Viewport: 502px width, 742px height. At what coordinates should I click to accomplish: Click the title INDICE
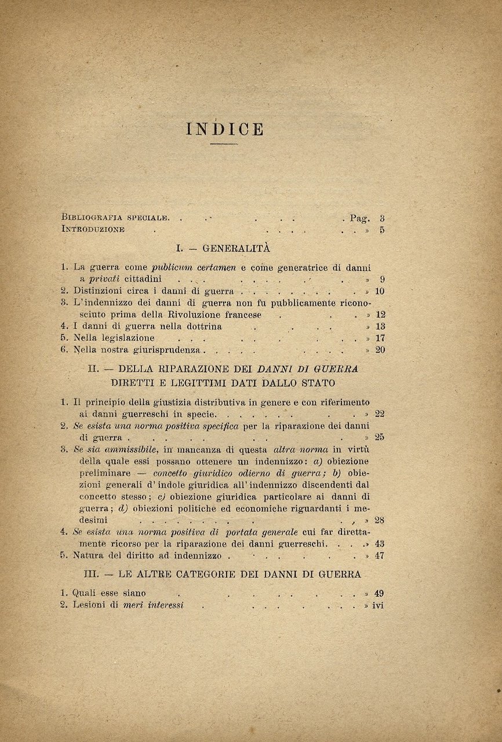pyautogui.click(x=225, y=129)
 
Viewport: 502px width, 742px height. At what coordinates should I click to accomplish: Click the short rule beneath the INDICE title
pyautogui.click(x=224, y=144)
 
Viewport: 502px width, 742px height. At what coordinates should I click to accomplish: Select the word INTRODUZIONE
pyautogui.click(x=93, y=230)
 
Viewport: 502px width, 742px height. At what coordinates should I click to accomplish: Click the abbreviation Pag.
pyautogui.click(x=359, y=219)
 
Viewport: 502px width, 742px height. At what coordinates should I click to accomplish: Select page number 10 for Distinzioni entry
pyautogui.click(x=380, y=291)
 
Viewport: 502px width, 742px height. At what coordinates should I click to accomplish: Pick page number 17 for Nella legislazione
pyautogui.click(x=380, y=338)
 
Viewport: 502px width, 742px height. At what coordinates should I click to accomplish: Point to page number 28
pyautogui.click(x=380, y=521)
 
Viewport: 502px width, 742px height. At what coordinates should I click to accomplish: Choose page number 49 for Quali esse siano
pyautogui.click(x=380, y=593)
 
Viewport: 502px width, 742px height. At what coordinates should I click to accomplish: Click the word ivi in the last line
pyautogui.click(x=378, y=605)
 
